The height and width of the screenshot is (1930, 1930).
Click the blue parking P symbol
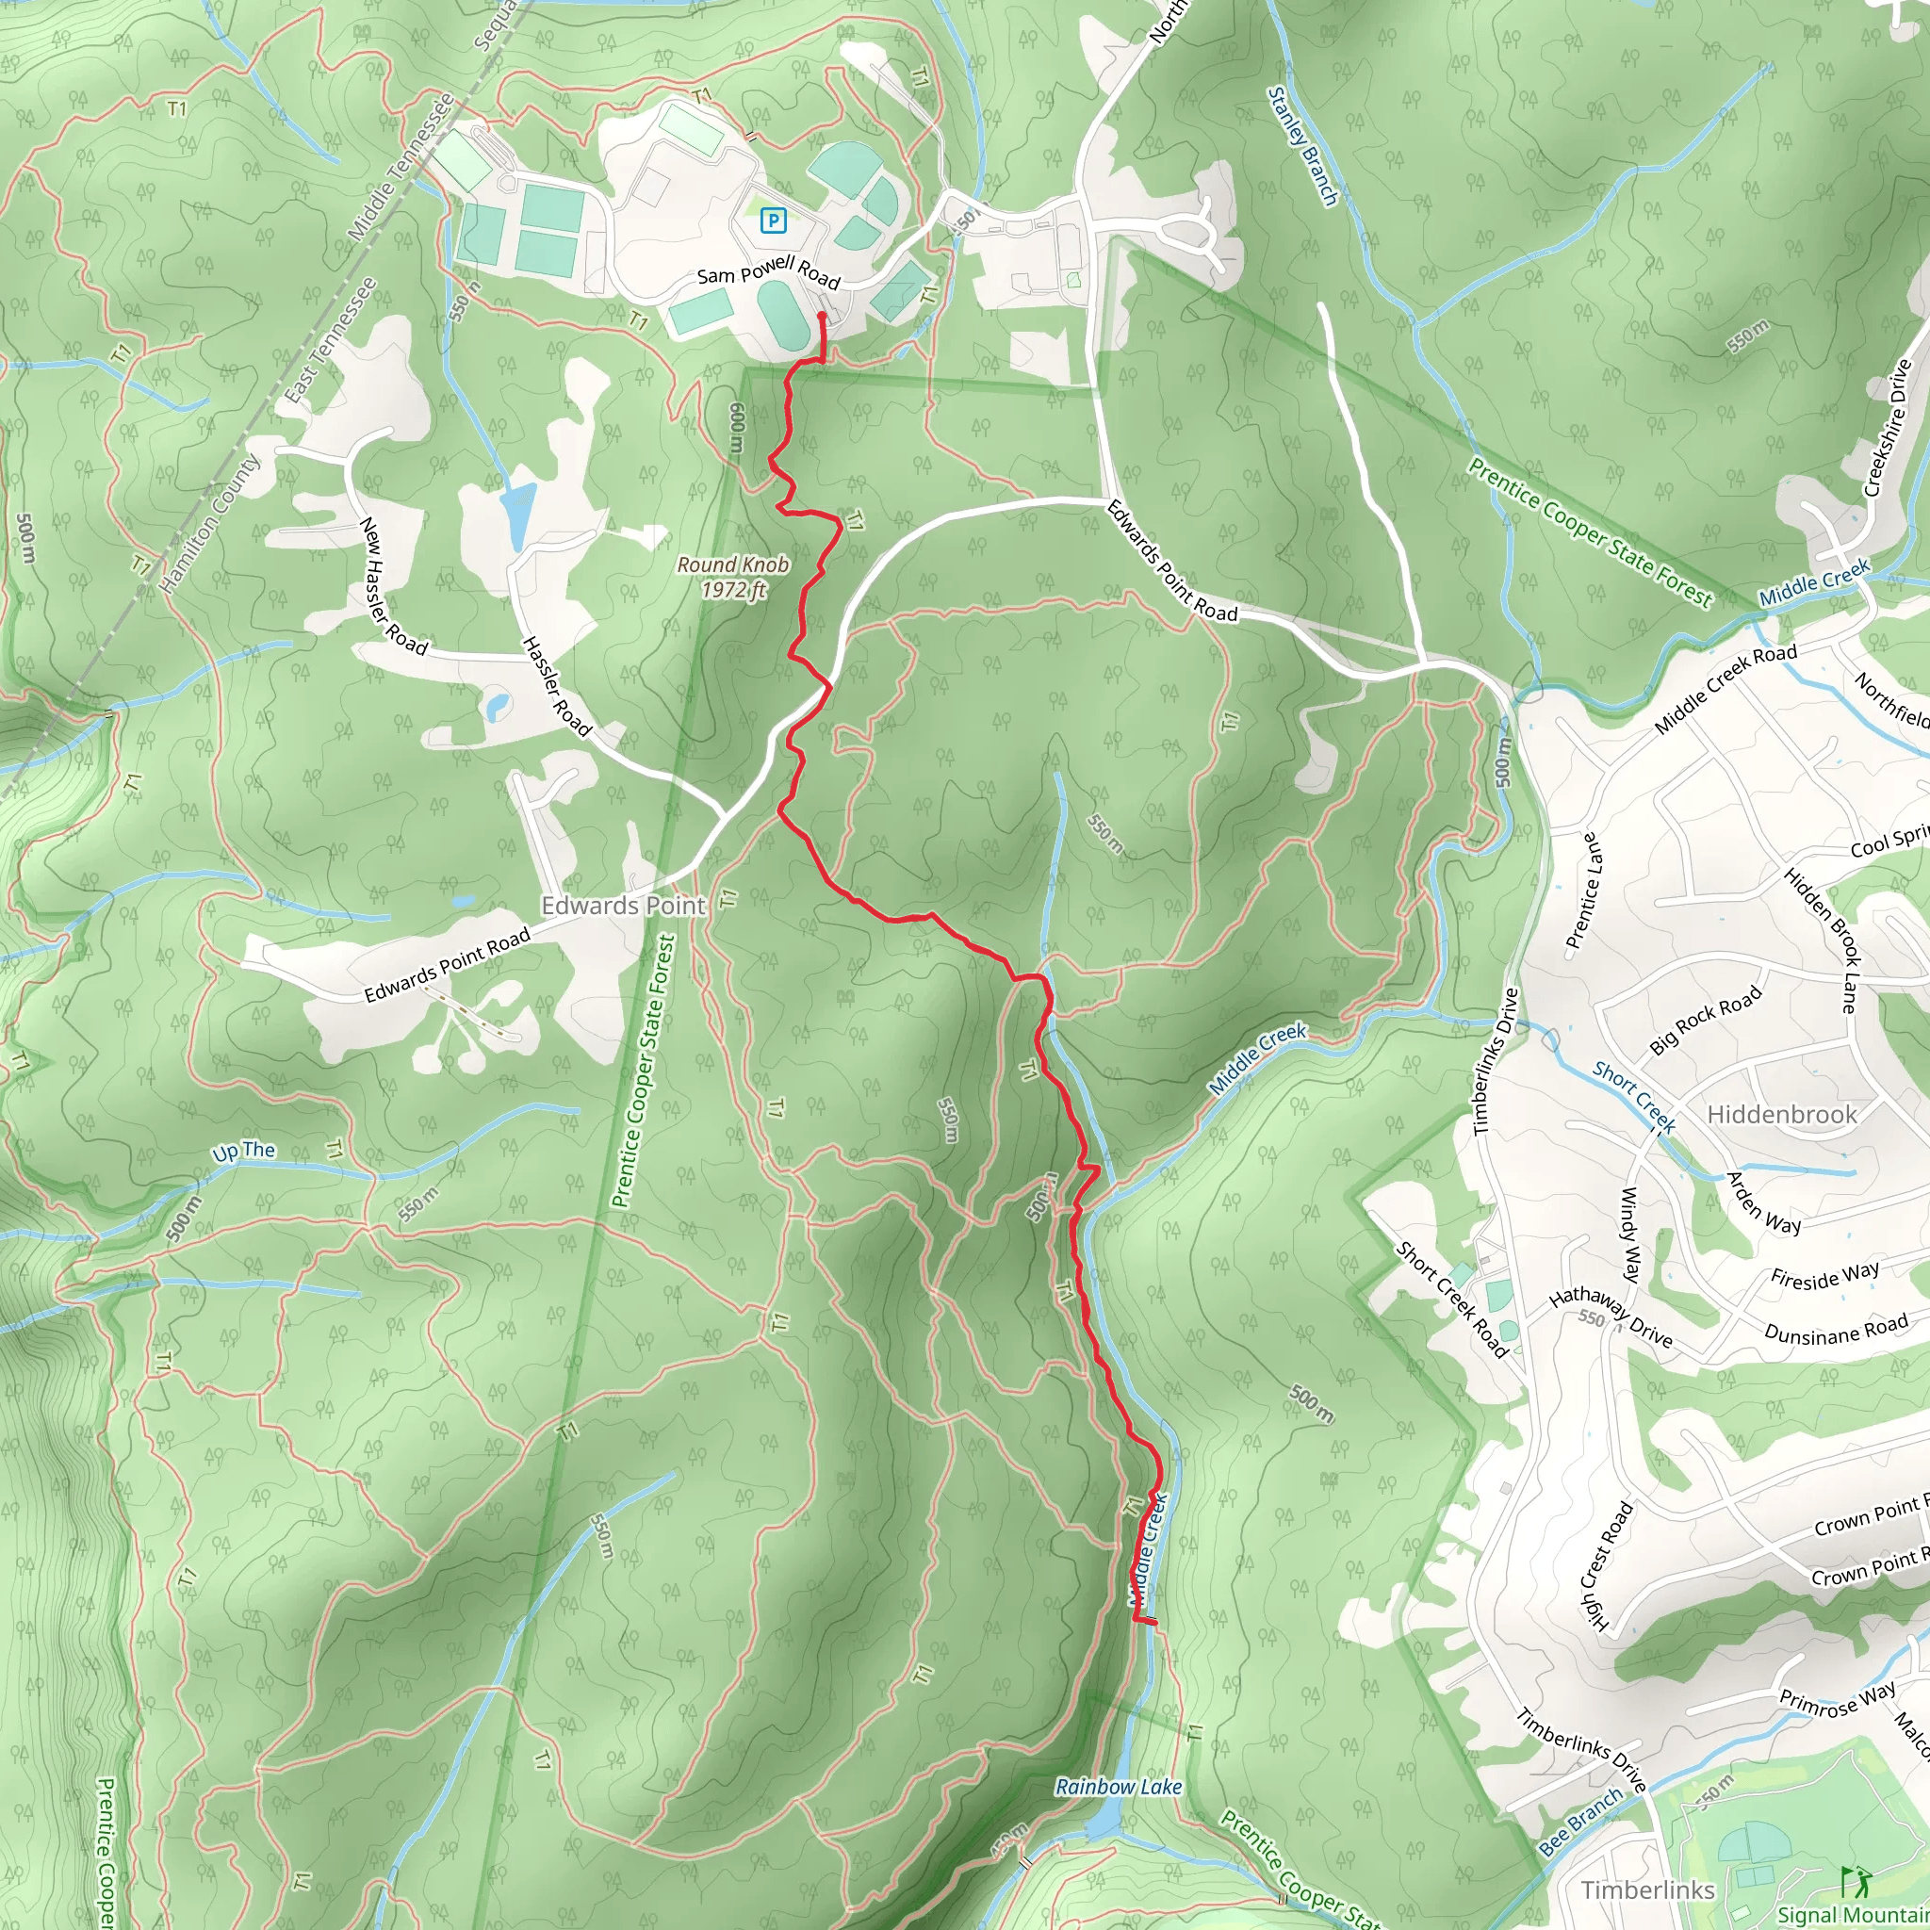click(x=772, y=220)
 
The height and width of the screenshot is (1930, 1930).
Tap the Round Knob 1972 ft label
click(x=733, y=577)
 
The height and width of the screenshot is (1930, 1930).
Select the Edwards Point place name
click(x=623, y=905)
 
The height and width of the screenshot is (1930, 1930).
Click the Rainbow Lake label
click(x=1119, y=1786)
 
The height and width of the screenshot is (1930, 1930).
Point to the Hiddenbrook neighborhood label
click(x=1782, y=1114)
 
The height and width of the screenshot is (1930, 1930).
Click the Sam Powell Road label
click(x=768, y=270)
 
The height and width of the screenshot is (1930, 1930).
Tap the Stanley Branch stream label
click(x=1302, y=146)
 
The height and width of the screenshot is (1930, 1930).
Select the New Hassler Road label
click(x=393, y=586)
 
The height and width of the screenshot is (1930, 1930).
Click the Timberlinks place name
click(x=1648, y=1889)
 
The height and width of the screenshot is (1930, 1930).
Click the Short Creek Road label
click(x=1450, y=1300)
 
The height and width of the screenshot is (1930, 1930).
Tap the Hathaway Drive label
click(x=1611, y=1317)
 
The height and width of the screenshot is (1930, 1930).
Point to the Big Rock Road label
click(x=1705, y=1020)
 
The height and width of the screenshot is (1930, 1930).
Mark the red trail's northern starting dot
click(x=822, y=318)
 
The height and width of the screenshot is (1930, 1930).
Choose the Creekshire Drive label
click(x=1888, y=428)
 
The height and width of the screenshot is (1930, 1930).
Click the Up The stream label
click(x=244, y=1151)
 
